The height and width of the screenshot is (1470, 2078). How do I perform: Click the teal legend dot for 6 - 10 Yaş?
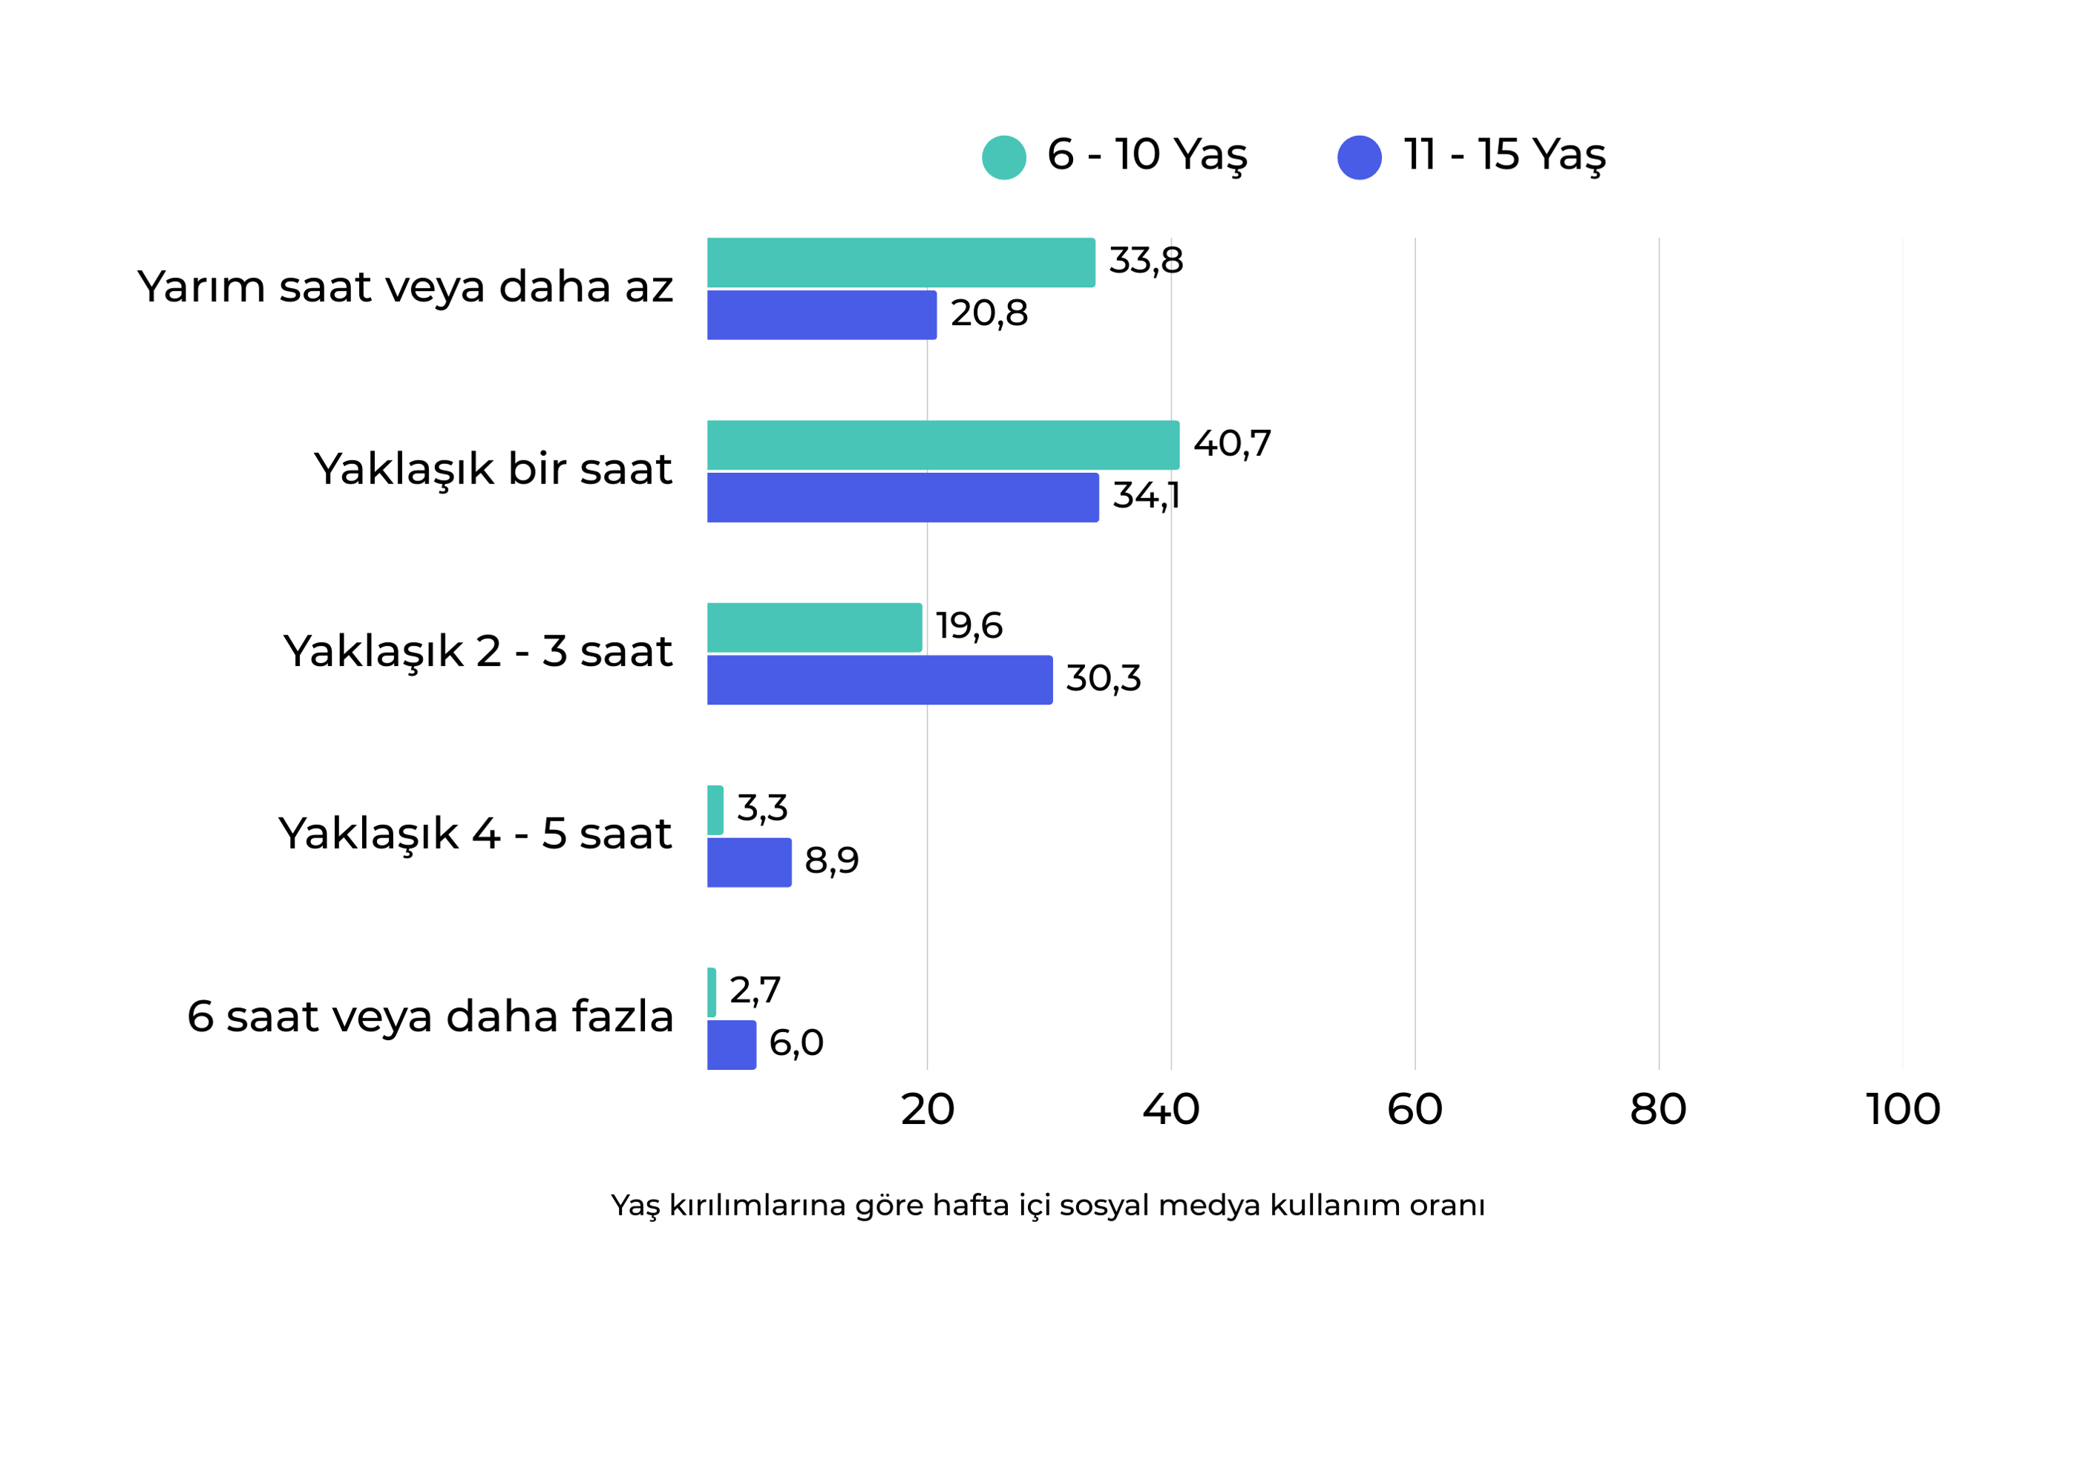(x=1003, y=157)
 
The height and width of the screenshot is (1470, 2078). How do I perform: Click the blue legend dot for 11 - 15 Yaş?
(x=1360, y=157)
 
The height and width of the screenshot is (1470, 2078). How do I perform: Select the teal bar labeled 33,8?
(x=900, y=263)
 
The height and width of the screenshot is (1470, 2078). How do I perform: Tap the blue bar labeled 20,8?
(x=821, y=315)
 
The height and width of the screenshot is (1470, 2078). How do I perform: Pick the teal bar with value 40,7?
(x=943, y=445)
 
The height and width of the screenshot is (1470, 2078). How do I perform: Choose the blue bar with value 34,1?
(x=902, y=498)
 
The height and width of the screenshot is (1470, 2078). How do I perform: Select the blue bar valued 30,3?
(x=879, y=680)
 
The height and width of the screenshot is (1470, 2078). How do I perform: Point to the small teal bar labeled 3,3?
(x=715, y=810)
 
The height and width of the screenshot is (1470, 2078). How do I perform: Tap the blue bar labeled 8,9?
(x=749, y=863)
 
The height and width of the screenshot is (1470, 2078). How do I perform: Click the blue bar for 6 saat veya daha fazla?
(x=731, y=1045)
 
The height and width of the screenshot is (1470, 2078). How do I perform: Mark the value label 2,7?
(x=754, y=990)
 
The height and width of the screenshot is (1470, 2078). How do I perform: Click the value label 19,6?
(x=968, y=625)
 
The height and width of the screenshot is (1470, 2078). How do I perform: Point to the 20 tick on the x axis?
(x=927, y=1110)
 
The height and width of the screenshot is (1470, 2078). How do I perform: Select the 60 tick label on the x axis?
(x=1415, y=1110)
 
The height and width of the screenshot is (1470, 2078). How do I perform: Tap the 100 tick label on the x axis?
(x=1902, y=1110)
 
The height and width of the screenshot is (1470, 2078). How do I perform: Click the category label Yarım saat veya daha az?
(x=404, y=287)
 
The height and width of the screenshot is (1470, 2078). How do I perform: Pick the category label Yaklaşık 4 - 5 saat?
(x=474, y=834)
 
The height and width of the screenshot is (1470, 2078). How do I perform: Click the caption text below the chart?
(x=1047, y=1206)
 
